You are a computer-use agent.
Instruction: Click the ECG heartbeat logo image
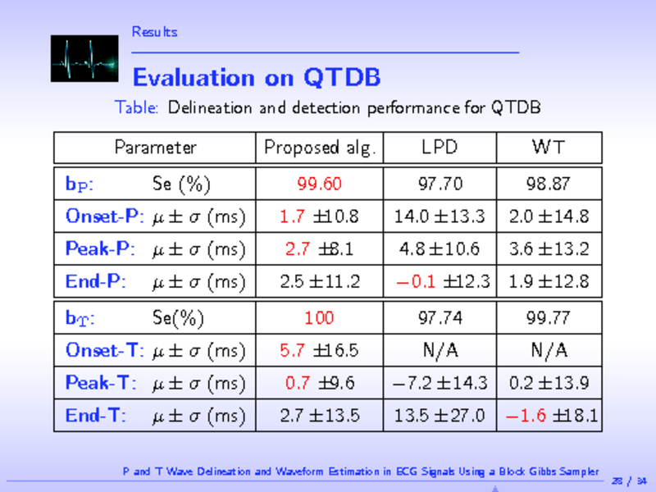84,58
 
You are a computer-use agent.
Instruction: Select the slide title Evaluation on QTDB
256,78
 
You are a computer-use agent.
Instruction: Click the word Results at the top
154,32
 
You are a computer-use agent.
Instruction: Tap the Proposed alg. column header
319,148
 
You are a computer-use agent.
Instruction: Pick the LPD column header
440,148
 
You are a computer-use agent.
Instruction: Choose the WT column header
548,148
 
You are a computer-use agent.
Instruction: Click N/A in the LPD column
440,350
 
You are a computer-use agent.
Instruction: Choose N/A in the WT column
548,350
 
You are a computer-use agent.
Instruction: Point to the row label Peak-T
100,383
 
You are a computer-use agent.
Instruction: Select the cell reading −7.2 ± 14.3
440,383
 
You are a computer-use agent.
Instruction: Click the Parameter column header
156,148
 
